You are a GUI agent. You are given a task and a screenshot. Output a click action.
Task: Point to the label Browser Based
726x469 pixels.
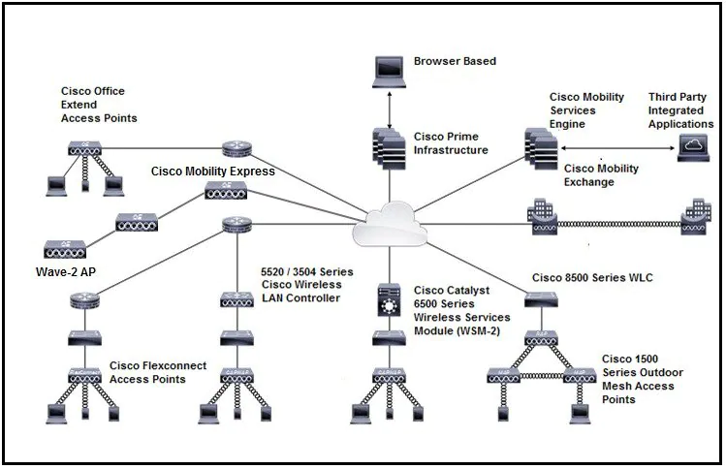pyautogui.click(x=455, y=61)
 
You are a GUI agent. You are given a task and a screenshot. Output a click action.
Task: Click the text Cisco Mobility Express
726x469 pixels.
pyautogui.click(x=212, y=172)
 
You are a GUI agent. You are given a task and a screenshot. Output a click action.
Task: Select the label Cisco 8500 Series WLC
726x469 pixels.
pyautogui.click(x=592, y=278)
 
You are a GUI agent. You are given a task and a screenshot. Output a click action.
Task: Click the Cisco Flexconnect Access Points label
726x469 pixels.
pyautogui.click(x=153, y=372)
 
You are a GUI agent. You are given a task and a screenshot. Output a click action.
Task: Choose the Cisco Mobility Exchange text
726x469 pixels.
pyautogui.click(x=601, y=174)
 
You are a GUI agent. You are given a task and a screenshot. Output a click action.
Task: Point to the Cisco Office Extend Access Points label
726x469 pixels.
pyautogui.click(x=98, y=105)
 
